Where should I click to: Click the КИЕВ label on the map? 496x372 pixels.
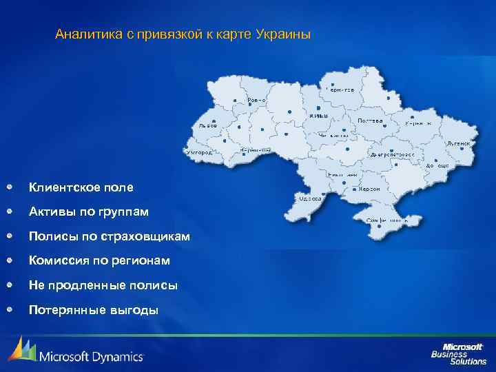click(319, 116)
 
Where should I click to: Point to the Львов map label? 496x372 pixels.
click(207, 126)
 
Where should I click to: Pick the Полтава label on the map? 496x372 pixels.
click(370, 120)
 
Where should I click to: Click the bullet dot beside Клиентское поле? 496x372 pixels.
click(10, 187)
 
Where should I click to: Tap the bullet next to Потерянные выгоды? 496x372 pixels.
click(10, 309)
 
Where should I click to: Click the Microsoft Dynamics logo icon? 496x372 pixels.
click(22, 350)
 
